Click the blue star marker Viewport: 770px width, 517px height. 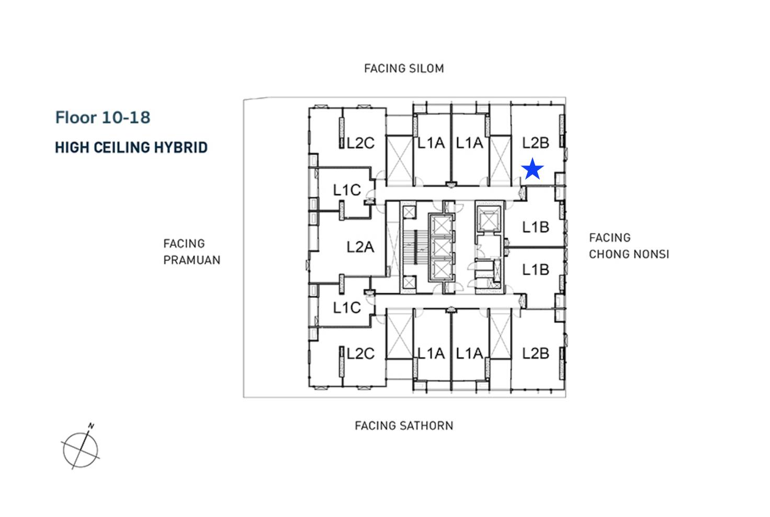(x=533, y=169)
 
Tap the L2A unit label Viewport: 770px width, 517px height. (x=360, y=247)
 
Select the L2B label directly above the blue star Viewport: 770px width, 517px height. (x=535, y=143)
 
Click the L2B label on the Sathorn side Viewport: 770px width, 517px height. (x=535, y=354)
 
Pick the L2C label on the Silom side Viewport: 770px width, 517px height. (x=360, y=143)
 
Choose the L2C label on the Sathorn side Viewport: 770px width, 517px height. (x=360, y=354)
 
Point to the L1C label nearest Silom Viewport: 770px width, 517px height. (x=347, y=190)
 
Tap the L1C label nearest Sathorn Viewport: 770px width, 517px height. (x=347, y=308)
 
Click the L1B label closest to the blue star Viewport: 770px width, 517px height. (x=535, y=227)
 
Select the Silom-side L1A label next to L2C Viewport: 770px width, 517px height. (x=431, y=143)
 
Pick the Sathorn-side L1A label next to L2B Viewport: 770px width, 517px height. (x=469, y=354)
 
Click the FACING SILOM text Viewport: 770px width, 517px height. (x=404, y=69)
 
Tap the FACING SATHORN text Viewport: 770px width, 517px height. (x=404, y=426)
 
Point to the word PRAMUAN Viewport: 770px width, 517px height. (x=191, y=260)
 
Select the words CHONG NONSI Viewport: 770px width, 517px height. (x=629, y=254)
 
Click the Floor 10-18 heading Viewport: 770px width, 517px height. (x=103, y=118)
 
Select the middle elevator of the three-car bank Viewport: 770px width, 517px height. (x=441, y=247)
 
